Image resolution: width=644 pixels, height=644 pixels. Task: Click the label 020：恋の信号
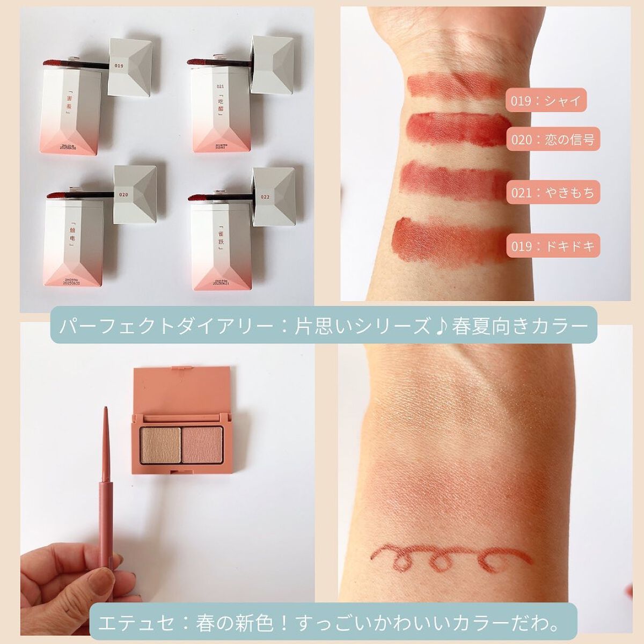point(553,141)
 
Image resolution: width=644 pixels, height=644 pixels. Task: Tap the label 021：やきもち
point(553,193)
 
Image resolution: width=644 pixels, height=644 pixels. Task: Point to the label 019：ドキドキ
point(553,246)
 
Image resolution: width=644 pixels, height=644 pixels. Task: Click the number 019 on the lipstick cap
point(119,66)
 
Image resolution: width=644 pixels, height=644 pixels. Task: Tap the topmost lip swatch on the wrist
point(456,86)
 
